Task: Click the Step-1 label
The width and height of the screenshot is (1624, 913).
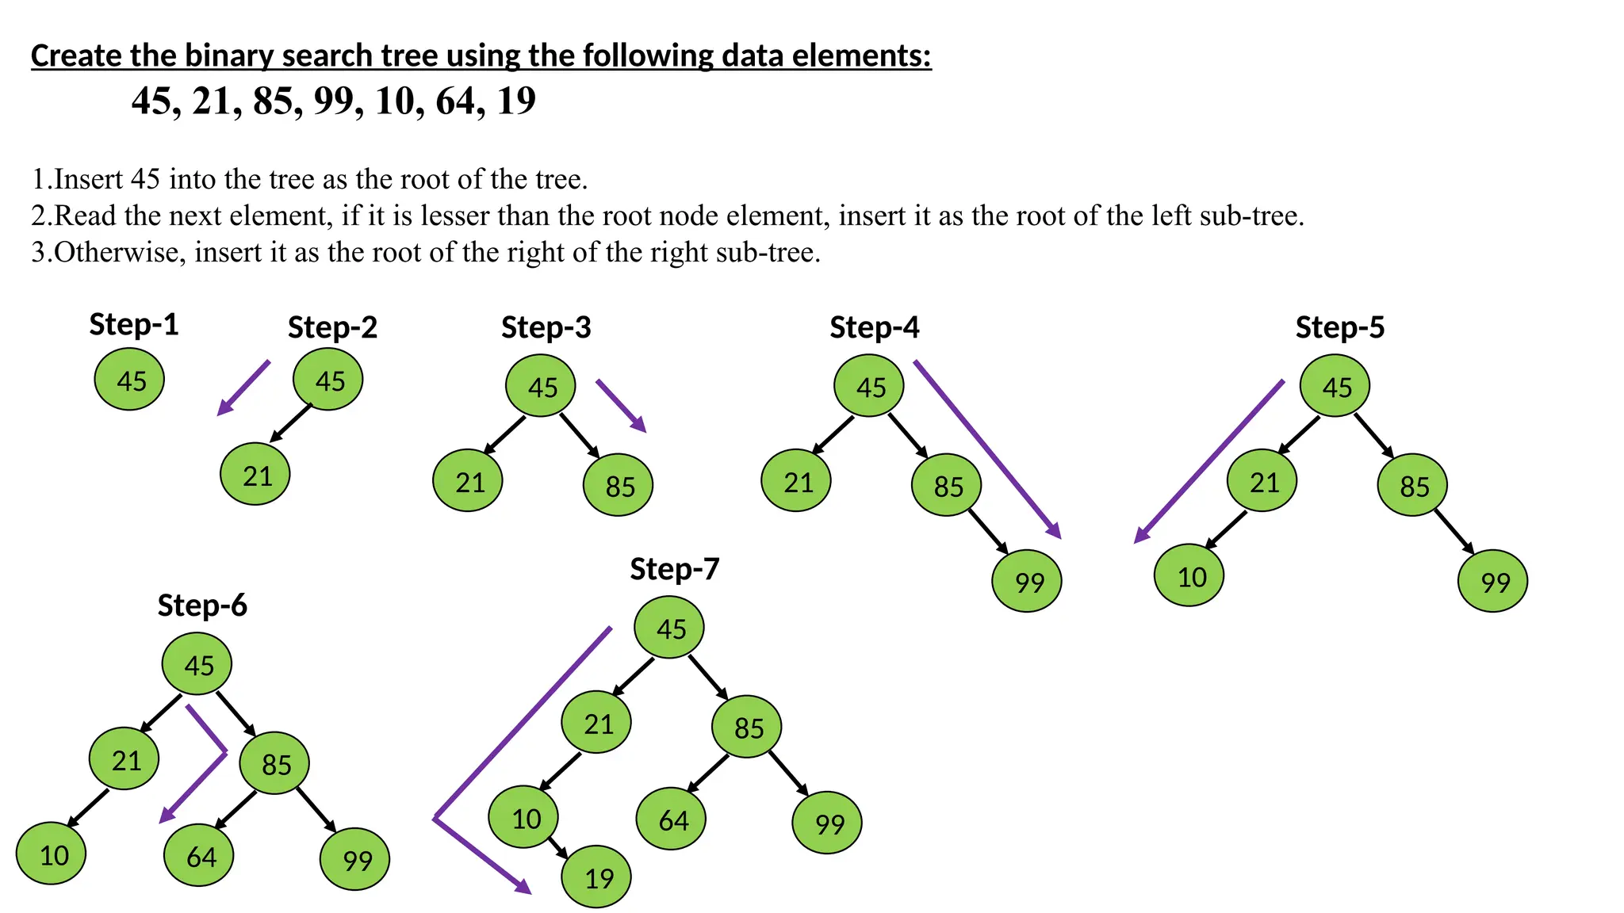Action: click(x=133, y=325)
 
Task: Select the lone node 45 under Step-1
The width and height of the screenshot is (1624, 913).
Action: click(x=129, y=380)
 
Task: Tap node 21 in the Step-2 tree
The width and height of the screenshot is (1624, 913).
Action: click(x=255, y=476)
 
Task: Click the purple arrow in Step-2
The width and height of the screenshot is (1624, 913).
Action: click(x=243, y=388)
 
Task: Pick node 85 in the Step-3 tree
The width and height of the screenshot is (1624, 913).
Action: click(x=619, y=485)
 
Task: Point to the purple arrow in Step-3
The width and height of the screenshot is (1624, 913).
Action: click(x=621, y=406)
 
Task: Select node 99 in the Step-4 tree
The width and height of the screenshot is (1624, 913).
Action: click(x=1027, y=582)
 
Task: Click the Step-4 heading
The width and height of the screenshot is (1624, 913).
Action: click(x=874, y=327)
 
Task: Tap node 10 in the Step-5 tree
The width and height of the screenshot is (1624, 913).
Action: click(x=1189, y=576)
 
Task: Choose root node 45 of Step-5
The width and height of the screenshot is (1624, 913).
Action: click(x=1335, y=387)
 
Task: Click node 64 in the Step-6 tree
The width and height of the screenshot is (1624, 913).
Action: click(x=199, y=856)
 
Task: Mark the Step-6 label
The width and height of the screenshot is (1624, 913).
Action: click(x=202, y=605)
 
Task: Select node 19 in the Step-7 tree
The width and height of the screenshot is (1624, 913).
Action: click(x=597, y=877)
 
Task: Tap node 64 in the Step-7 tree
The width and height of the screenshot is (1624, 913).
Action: click(x=672, y=819)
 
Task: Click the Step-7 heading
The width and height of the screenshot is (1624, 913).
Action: click(x=674, y=569)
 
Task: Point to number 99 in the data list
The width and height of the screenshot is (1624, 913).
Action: click(x=335, y=101)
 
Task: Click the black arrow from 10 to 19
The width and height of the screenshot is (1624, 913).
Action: click(x=557, y=847)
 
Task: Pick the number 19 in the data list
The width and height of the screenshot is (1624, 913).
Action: click(x=516, y=101)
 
